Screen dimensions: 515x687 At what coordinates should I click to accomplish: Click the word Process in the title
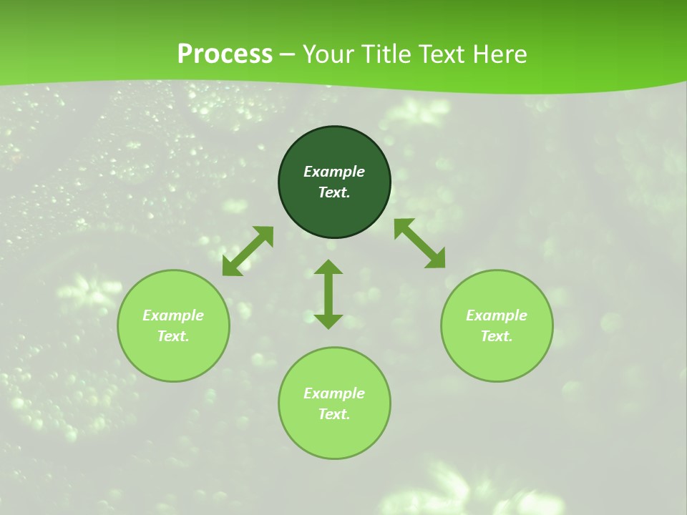(x=225, y=54)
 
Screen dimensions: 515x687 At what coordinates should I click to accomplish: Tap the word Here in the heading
(x=499, y=54)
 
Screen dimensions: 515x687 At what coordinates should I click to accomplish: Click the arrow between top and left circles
(x=248, y=251)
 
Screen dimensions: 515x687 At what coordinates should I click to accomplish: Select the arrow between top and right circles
(x=420, y=244)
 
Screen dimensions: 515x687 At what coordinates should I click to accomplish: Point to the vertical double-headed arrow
(x=328, y=294)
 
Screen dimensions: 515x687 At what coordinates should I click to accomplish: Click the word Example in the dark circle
(x=334, y=172)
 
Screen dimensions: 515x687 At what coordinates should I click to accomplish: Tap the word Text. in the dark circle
(x=334, y=192)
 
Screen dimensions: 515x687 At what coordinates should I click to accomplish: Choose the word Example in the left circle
(x=173, y=315)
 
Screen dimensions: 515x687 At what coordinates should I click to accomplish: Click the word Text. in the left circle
(x=173, y=336)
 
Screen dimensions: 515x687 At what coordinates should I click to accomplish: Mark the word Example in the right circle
(x=497, y=315)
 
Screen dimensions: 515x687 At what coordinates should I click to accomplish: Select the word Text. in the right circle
(x=497, y=336)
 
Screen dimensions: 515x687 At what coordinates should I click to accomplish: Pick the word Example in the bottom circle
(x=334, y=393)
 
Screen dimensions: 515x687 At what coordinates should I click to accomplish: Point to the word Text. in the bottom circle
(x=334, y=414)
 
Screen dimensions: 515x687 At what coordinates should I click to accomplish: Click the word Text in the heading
(x=444, y=54)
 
